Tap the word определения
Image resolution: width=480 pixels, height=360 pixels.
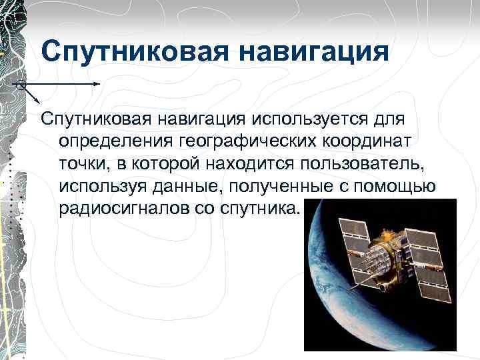[x=115, y=141]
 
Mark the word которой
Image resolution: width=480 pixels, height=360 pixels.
[x=162, y=164]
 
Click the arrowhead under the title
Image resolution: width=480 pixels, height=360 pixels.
[x=97, y=84]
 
